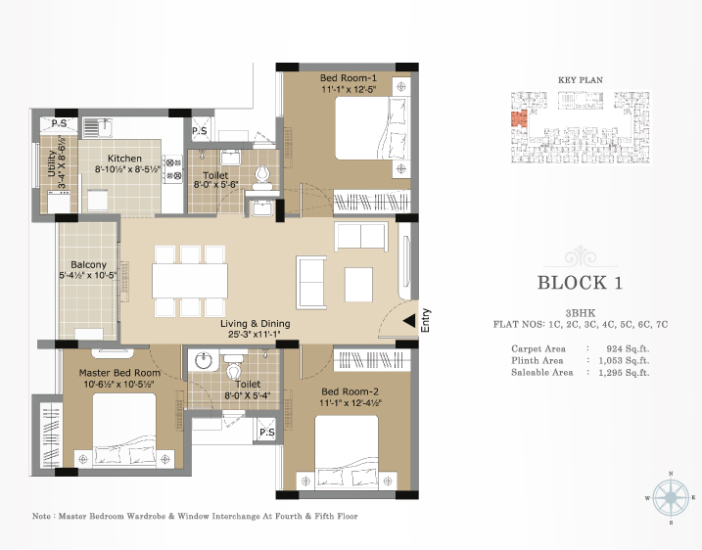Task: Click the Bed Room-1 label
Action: pos(348,78)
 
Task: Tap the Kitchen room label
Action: pos(124,159)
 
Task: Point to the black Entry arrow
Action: pos(408,320)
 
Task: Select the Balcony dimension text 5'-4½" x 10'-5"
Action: pos(88,275)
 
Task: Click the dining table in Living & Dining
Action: pos(190,281)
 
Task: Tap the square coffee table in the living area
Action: pos(358,285)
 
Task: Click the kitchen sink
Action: pos(97,127)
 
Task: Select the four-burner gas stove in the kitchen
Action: pos(173,169)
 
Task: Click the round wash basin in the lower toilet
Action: pos(205,360)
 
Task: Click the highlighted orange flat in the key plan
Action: pos(519,119)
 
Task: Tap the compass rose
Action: pos(671,497)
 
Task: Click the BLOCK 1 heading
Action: pos(580,283)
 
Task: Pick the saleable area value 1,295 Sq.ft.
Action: pos(624,372)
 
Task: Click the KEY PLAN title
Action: pos(581,80)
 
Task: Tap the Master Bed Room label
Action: pos(119,373)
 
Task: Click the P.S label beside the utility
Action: pos(59,123)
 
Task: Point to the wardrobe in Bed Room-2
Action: pos(372,360)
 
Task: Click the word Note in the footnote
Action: pos(42,516)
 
